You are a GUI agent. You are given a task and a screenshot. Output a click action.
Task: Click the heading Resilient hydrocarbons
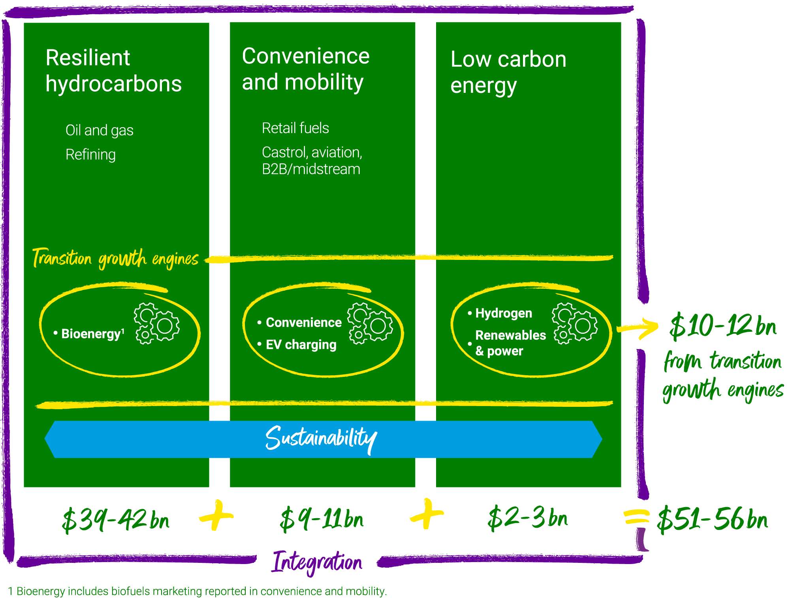click(x=113, y=71)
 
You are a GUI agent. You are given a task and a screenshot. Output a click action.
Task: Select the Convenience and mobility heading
click(x=305, y=69)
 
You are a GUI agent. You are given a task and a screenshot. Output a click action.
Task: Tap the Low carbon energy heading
click(x=508, y=72)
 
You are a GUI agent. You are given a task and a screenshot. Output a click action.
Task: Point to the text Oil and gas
click(x=99, y=130)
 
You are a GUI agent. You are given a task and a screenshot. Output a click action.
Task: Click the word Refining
click(x=90, y=154)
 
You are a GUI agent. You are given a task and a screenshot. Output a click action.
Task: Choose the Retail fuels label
click(x=295, y=128)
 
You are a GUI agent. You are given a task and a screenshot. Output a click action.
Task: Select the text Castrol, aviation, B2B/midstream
click(x=312, y=161)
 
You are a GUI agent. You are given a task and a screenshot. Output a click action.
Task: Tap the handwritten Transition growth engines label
click(x=115, y=259)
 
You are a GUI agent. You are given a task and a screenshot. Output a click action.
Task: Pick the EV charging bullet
click(x=301, y=345)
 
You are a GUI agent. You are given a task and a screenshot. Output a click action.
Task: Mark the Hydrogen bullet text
click(x=503, y=313)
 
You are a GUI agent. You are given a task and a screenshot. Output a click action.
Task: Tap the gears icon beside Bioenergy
click(x=157, y=323)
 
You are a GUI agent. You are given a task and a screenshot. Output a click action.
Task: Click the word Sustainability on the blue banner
click(x=321, y=438)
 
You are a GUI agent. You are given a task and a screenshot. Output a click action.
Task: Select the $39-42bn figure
click(x=116, y=520)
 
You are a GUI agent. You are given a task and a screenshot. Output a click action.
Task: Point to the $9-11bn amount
click(x=322, y=519)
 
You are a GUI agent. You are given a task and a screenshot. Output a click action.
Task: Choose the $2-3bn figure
click(x=528, y=518)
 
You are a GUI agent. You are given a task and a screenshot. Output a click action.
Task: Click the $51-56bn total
click(x=712, y=519)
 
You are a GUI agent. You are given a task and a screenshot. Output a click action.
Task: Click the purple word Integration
click(x=317, y=562)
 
